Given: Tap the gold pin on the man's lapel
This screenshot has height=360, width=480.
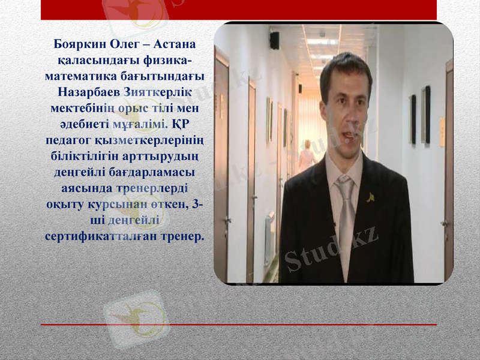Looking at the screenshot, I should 371,196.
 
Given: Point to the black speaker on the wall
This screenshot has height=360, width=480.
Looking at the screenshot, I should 274,40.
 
